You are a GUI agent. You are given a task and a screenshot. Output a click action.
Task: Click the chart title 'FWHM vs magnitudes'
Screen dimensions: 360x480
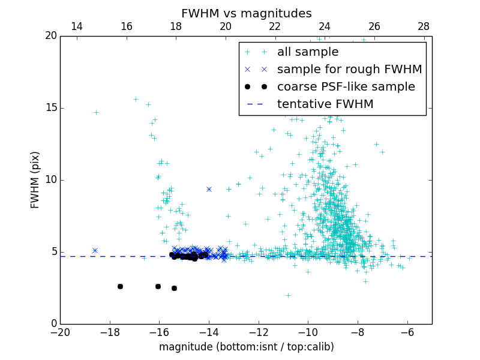pyautogui.click(x=246, y=13)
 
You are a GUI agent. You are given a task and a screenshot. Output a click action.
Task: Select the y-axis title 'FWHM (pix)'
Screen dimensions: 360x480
pyautogui.click(x=35, y=180)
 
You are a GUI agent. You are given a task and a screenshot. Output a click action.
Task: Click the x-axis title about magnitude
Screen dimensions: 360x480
pyautogui.click(x=246, y=347)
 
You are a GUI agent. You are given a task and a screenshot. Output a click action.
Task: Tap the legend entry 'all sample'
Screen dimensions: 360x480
pyautogui.click(x=308, y=52)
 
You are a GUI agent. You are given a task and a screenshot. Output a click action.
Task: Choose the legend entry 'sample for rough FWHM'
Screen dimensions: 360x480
pyautogui.click(x=349, y=70)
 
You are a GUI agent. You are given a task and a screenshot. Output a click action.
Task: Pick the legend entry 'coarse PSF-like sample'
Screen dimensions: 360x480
pyautogui.click(x=346, y=87)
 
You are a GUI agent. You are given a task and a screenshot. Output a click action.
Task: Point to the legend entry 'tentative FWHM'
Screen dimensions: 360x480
pyautogui.click(x=325, y=104)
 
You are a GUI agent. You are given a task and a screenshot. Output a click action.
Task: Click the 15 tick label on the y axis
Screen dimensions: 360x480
pyautogui.click(x=49, y=108)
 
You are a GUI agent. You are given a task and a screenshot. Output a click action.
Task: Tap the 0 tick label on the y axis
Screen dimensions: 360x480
pyautogui.click(x=52, y=324)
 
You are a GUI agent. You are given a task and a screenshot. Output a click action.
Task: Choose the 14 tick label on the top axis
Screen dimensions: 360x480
pyautogui.click(x=77, y=26)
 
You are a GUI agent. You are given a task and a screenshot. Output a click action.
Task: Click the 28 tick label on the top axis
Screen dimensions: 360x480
pyautogui.click(x=424, y=26)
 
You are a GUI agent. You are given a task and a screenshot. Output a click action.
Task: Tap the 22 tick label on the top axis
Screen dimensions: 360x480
pyautogui.click(x=275, y=26)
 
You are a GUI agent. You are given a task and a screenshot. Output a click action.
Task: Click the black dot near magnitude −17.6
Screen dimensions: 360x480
pyautogui.click(x=120, y=286)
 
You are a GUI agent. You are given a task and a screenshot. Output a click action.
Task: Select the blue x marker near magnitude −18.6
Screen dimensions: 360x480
pyautogui.click(x=95, y=250)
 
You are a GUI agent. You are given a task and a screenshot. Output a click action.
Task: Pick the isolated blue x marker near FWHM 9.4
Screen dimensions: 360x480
pyautogui.click(x=209, y=189)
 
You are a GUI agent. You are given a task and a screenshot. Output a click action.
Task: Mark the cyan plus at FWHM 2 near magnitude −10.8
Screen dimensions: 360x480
pyautogui.click(x=288, y=295)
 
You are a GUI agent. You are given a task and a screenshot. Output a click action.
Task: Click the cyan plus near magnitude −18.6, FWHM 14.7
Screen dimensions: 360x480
pyautogui.click(x=95, y=112)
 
